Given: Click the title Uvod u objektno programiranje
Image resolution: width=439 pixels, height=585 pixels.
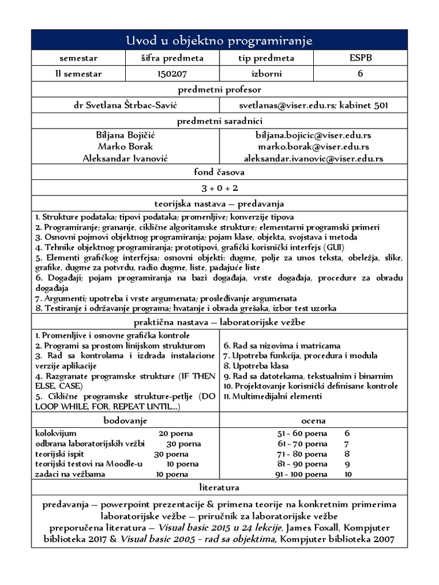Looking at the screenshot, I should coord(219,41).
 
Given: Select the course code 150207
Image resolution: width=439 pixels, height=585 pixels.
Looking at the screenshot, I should coord(172,74).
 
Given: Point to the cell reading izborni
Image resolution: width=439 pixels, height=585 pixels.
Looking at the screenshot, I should coord(266,74).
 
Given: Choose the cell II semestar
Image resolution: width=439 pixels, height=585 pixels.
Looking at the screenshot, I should coord(78,74).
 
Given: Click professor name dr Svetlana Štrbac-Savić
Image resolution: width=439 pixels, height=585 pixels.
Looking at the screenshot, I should coord(126,105).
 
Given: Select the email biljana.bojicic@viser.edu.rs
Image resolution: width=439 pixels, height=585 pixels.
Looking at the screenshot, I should coord(313,136).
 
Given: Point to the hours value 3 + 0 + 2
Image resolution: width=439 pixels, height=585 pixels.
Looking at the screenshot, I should coord(219,188).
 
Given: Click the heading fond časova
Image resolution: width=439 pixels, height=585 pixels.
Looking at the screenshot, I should coord(219,173).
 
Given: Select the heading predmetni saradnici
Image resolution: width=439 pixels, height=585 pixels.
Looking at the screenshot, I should coord(219,121).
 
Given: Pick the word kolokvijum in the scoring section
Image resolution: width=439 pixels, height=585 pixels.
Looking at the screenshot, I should coord(55,433).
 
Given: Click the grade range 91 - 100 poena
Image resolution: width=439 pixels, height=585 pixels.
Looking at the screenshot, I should coord(301,474).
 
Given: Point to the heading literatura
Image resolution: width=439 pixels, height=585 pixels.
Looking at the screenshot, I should coord(219,488).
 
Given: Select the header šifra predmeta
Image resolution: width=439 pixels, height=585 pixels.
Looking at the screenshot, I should coord(172,58).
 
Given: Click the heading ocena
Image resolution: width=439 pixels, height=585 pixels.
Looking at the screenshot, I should coord(314,420).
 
